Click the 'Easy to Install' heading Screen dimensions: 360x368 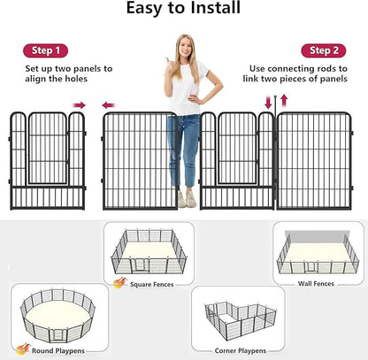183,10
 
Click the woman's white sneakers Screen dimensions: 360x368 187,201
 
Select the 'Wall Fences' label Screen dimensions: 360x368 318,283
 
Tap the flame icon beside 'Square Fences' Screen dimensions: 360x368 119,283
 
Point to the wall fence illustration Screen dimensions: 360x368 317,250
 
